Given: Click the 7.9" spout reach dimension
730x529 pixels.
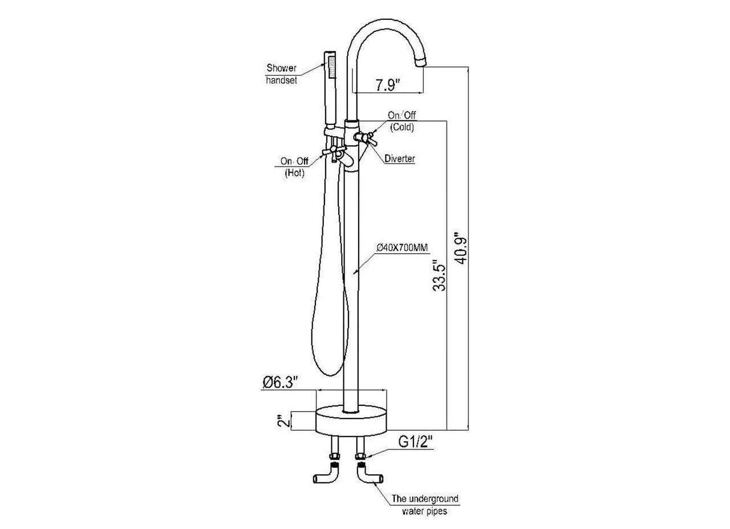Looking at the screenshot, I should [x=388, y=85].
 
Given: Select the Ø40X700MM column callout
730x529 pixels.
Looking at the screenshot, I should [x=402, y=247].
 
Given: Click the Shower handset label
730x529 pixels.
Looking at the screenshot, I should [x=282, y=74].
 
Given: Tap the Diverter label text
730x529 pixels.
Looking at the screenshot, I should [x=399, y=159].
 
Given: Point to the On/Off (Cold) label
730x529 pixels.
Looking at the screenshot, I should [x=402, y=121].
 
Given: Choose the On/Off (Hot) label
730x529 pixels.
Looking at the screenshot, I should [x=294, y=166].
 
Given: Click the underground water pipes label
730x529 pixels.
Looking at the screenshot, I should [x=424, y=505].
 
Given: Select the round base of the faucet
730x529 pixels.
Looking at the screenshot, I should [x=351, y=420].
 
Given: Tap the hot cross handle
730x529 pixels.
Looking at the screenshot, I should [x=331, y=152].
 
